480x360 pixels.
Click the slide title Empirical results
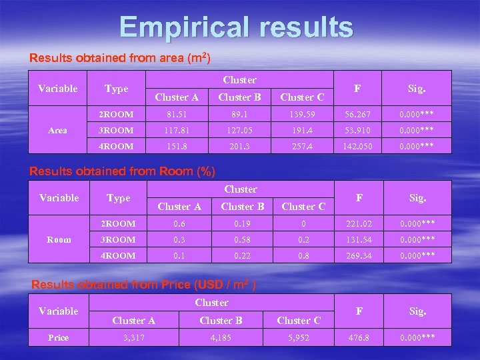tap(236, 27)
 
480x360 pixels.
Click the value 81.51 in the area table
tap(177, 115)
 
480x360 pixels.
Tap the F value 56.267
tap(358, 115)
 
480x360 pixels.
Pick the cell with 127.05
tap(239, 131)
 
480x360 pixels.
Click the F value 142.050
tap(358, 147)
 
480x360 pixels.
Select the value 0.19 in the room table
tap(240, 224)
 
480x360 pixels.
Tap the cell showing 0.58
tap(240, 240)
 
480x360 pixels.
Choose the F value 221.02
tap(359, 224)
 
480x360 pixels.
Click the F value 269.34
tap(359, 256)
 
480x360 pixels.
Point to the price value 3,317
tap(134, 338)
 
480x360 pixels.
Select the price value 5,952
tap(298, 338)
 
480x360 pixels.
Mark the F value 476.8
tap(359, 338)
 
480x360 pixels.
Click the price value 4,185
tap(221, 338)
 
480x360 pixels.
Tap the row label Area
tap(58, 131)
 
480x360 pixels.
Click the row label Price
tap(58, 338)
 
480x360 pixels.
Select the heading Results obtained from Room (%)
tap(123, 171)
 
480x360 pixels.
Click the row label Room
tap(59, 240)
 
